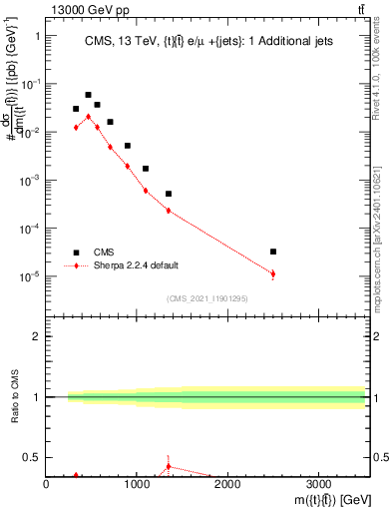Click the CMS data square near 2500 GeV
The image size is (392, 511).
coord(273,252)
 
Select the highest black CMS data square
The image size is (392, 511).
coord(88,95)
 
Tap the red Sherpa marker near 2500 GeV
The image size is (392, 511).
coord(273,273)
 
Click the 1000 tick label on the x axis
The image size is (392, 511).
coord(137,485)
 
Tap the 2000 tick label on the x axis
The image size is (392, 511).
coord(227,485)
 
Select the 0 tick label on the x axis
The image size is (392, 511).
coord(46,485)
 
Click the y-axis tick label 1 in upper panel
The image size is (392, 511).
coord(36,36)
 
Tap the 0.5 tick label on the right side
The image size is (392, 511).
coord(380,457)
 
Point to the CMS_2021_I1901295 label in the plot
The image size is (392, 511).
coord(205,298)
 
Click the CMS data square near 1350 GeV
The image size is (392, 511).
coord(169,194)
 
